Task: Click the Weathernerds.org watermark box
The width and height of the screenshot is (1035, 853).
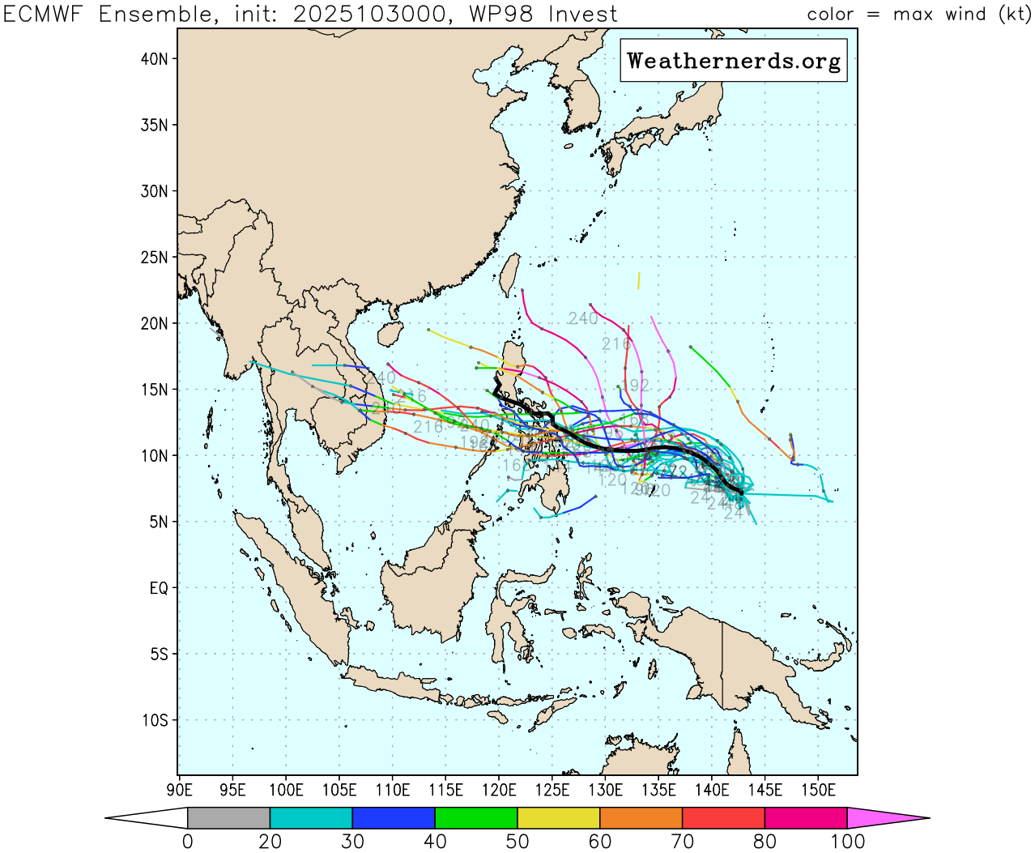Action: click(x=734, y=61)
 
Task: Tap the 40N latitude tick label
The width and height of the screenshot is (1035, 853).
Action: click(x=155, y=59)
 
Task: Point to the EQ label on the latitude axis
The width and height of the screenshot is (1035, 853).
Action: click(x=159, y=588)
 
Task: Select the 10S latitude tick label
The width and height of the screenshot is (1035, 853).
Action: click(x=155, y=720)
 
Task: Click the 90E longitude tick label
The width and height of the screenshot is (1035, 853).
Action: click(x=179, y=790)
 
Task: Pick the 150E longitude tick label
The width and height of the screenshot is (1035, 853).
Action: click(x=818, y=790)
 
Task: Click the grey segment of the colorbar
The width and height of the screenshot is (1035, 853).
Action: click(x=228, y=818)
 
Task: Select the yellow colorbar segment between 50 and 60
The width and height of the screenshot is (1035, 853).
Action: click(x=558, y=818)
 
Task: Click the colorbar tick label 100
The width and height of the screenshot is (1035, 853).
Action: click(x=847, y=842)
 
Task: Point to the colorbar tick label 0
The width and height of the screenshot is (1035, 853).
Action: click(x=188, y=842)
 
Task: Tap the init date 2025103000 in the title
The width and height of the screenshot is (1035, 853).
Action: click(x=368, y=15)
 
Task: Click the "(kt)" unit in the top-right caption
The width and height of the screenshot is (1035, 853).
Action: click(x=1014, y=15)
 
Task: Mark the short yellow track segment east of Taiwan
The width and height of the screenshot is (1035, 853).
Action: click(x=639, y=280)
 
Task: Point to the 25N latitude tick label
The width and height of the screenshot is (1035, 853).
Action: click(x=155, y=258)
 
